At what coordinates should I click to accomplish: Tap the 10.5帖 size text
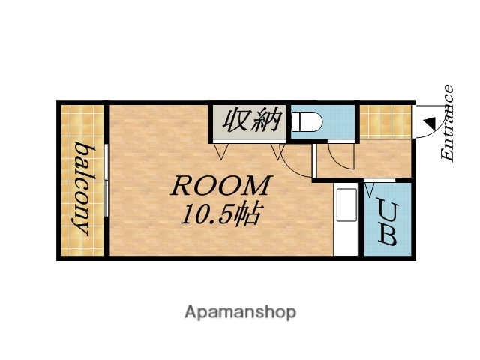click(x=219, y=215)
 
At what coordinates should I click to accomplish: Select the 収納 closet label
click(x=248, y=119)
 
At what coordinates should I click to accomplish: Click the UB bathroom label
click(x=387, y=222)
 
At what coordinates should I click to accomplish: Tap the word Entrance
click(x=447, y=124)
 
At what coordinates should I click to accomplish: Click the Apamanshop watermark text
click(x=240, y=311)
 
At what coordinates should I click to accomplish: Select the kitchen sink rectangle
click(x=346, y=205)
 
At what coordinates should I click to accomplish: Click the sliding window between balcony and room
click(x=107, y=180)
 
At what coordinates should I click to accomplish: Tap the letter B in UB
click(x=387, y=235)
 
